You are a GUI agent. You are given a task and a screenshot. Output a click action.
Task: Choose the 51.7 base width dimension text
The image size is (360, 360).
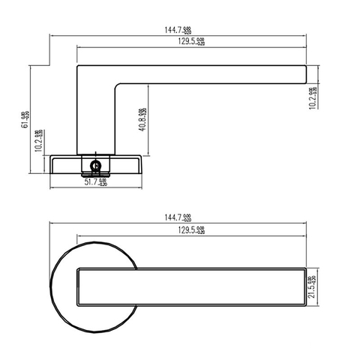coord(95,181)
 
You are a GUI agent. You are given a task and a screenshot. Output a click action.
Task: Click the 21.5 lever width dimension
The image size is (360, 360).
coord(313,285)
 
